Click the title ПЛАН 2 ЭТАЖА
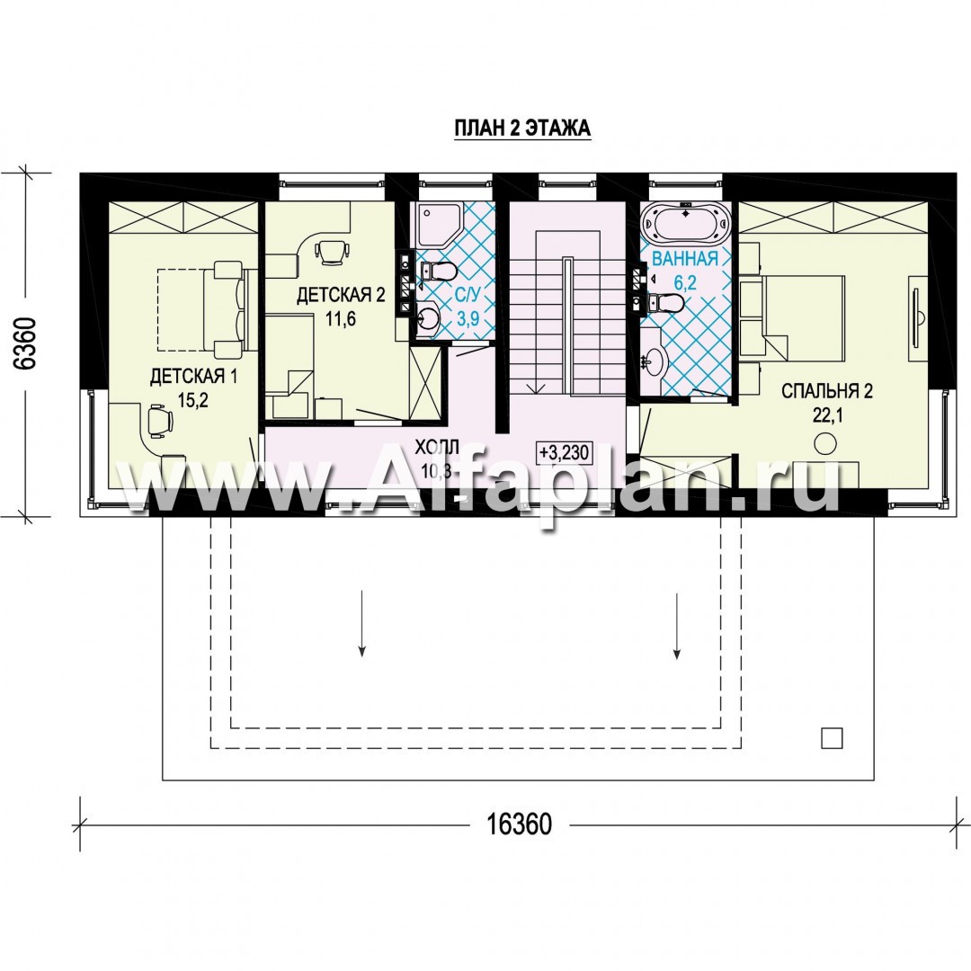coord(522,129)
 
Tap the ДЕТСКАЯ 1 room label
coord(194,377)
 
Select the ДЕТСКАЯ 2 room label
coord(341,295)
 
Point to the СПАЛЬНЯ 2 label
coord(827,391)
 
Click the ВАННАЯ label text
coord(685,259)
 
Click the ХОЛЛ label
coord(437,447)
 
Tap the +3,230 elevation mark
coord(564,452)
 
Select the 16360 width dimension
coord(519,824)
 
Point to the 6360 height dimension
coord(25,343)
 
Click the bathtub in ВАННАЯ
coord(685,224)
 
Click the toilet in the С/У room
coord(439,272)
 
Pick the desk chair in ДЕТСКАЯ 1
coord(159,421)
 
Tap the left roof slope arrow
coord(361,623)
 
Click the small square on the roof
coord(832,738)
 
